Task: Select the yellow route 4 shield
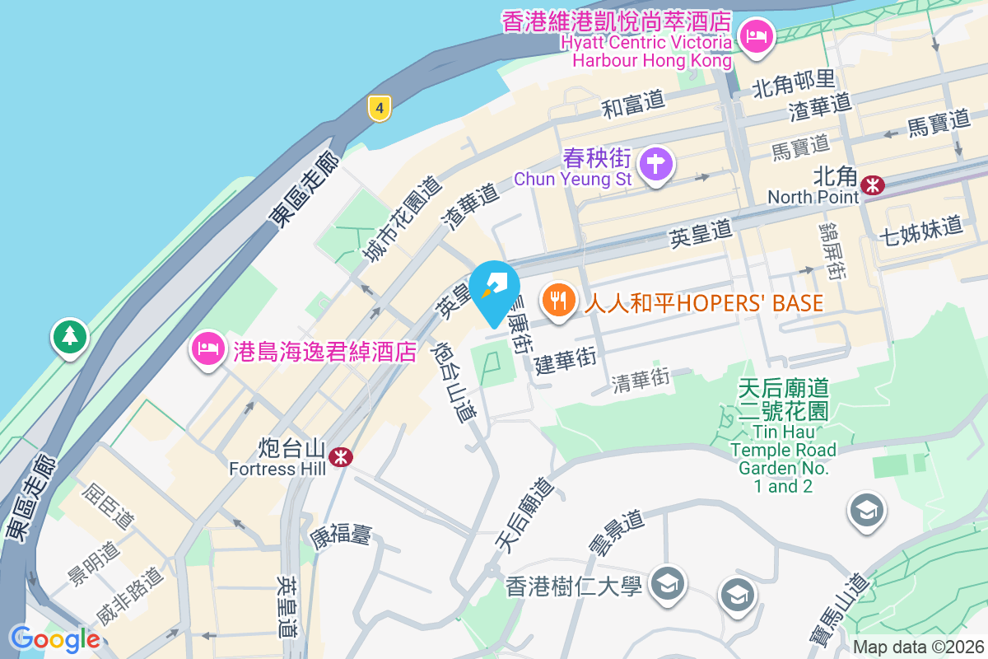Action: pos(379,107)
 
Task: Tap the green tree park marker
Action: pos(70,336)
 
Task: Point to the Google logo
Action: pos(54,638)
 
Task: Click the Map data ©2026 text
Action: pos(918,647)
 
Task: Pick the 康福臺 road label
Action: pos(340,534)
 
